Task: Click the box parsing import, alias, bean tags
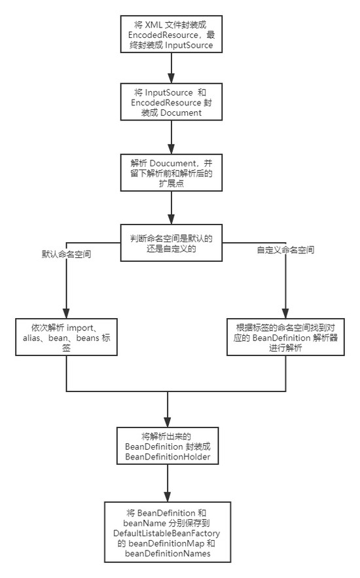coord(66,337)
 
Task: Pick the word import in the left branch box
coord(86,327)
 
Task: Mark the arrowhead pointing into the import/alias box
coord(66,313)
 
